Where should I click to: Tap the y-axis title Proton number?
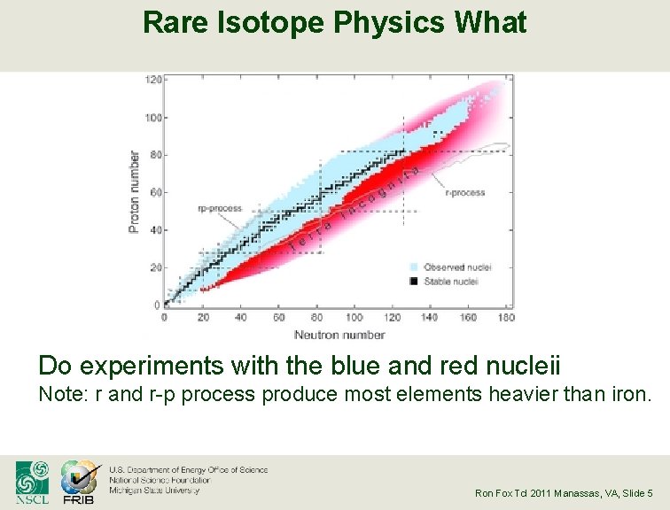[135, 192]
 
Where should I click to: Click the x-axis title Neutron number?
[339, 335]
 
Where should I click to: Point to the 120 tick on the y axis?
[153, 80]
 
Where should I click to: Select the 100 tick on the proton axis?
[153, 118]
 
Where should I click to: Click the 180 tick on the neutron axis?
[506, 317]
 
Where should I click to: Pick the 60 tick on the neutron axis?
[278, 317]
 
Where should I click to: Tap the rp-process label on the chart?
[219, 209]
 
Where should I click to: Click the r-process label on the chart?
[464, 192]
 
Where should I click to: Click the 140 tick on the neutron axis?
[430, 317]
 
